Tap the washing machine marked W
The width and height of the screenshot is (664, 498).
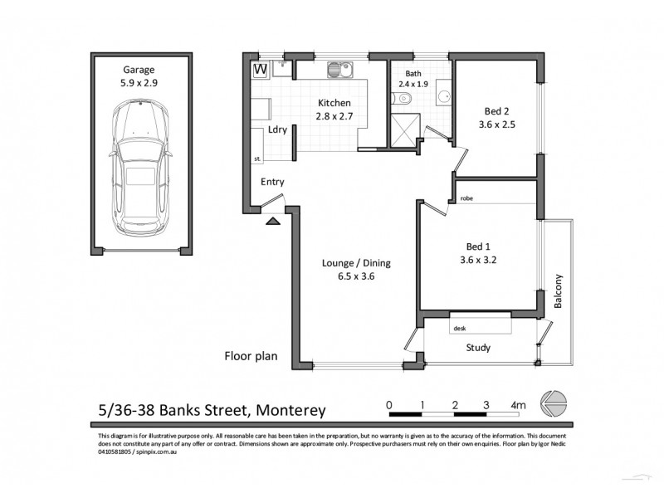(260, 69)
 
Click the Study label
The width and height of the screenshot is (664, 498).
(478, 348)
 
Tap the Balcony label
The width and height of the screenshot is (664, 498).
(559, 291)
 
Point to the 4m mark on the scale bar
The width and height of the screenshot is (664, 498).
(520, 405)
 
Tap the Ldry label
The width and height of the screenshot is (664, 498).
(276, 130)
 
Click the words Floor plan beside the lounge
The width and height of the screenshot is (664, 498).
(251, 357)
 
